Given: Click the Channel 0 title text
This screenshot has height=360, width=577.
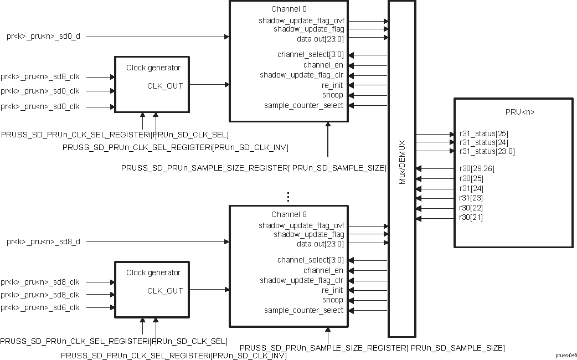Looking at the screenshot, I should [288, 9].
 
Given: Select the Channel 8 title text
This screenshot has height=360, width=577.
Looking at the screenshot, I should [288, 214].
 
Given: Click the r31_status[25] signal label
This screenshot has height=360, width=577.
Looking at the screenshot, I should [483, 133].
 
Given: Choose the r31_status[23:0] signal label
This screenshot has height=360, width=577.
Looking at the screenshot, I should [487, 151].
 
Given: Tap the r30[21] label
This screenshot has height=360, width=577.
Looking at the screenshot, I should [471, 218].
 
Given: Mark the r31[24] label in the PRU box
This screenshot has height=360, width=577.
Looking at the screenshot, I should [471, 188].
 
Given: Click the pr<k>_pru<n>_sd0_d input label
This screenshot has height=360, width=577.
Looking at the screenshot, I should [44, 37].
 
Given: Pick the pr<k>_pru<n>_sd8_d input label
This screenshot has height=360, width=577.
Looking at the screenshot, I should [44, 241].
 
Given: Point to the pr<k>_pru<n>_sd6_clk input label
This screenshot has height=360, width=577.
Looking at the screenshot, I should [40, 307].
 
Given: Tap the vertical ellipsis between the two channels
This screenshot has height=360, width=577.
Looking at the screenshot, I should [288, 197].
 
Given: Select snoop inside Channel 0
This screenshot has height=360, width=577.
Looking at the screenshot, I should [333, 95].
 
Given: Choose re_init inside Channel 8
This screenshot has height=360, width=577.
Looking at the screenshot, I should [332, 290].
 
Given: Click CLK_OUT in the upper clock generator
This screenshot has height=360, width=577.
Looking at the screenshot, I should [164, 85].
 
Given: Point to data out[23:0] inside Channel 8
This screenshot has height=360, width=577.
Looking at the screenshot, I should [320, 244].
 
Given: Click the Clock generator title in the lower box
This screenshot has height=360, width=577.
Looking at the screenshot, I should [153, 272].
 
